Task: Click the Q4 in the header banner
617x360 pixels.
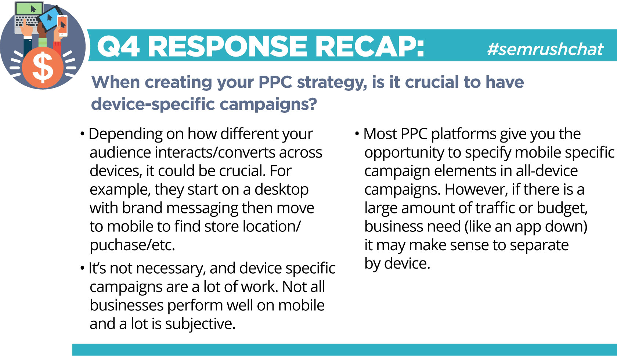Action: pos(118,47)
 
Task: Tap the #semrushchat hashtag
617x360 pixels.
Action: pos(545,49)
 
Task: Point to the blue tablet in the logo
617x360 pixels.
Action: pos(50,19)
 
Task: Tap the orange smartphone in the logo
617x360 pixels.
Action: pos(62,26)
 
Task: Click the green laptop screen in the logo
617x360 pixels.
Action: pos(29,8)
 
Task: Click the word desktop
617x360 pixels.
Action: pos(281,190)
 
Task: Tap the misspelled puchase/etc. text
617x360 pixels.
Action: pos(132,245)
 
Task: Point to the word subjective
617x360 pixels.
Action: pos(200,324)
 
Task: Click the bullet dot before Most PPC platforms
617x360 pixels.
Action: pos(357,134)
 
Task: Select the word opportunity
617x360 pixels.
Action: pos(404,153)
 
